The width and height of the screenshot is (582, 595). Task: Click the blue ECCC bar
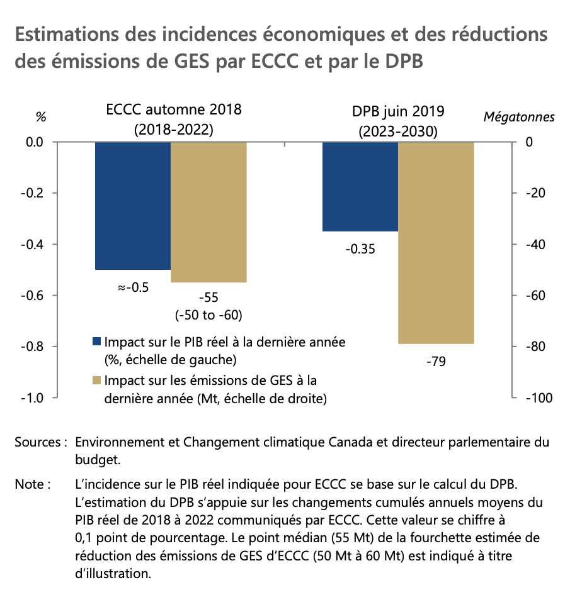point(133,206)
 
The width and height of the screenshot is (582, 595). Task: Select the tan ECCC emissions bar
point(208,212)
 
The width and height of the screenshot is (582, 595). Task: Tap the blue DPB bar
point(360,186)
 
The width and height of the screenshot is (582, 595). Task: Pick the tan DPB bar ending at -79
point(436,243)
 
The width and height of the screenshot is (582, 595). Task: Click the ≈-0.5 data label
point(133,287)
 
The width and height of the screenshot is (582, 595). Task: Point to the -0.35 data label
point(360,249)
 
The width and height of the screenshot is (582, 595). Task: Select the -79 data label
point(436,362)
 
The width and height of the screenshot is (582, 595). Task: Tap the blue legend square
point(96,342)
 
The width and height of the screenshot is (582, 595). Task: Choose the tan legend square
point(96,381)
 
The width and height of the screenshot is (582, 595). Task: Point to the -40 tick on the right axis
point(536,244)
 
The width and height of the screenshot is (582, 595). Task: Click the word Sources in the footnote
point(38,442)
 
